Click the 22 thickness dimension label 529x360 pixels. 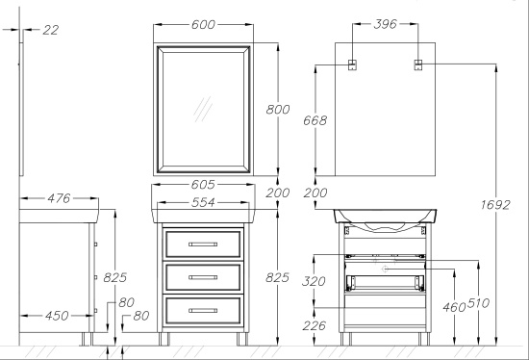(51, 30)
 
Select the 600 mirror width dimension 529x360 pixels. (203, 25)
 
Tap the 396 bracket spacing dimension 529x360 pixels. (386, 24)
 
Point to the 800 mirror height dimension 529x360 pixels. (278, 110)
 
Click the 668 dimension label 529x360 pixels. (315, 120)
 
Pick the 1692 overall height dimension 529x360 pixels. (495, 205)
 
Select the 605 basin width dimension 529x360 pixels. (203, 185)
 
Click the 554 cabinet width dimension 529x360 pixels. (203, 202)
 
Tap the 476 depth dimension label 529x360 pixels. (59, 198)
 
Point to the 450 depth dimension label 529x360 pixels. (57, 316)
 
